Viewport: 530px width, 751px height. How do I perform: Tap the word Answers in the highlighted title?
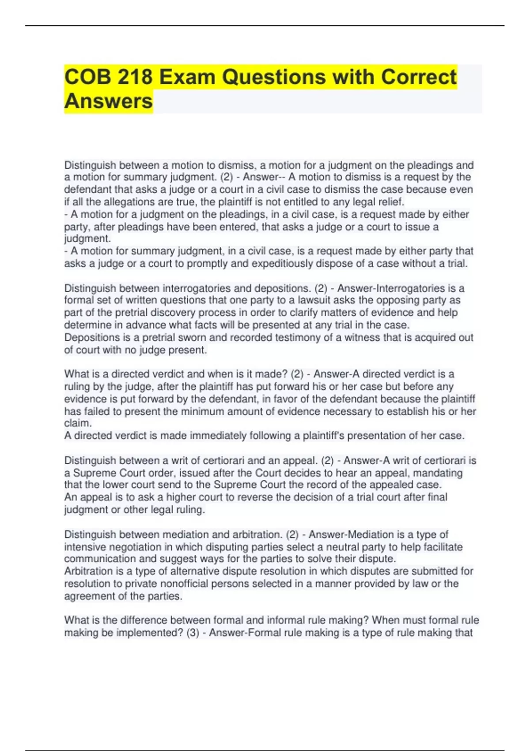pyautogui.click(x=109, y=101)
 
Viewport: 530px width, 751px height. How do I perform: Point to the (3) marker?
pyautogui.click(x=193, y=633)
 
